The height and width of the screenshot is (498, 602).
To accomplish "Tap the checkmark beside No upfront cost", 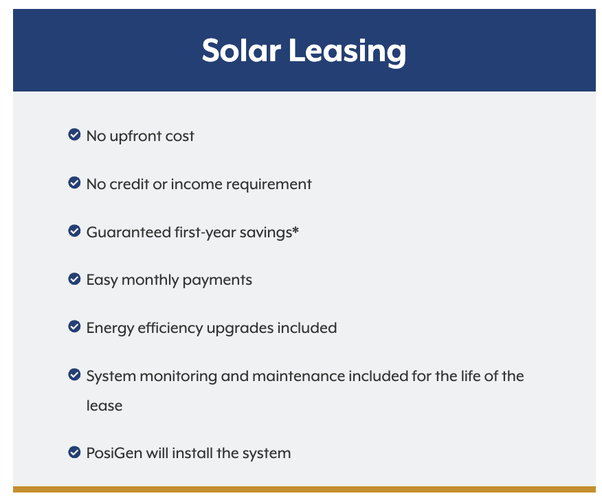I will tap(74, 135).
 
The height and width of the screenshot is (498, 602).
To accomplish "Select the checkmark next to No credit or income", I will tap(74, 183).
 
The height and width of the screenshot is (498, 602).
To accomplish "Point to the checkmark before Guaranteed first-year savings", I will tap(74, 231).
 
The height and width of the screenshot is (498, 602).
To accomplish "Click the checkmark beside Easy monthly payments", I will tap(74, 279).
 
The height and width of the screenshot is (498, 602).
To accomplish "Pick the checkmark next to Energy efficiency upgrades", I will tap(74, 327).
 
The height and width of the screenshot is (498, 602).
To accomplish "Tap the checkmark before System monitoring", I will tap(74, 375).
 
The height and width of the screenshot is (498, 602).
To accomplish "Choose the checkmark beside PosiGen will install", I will tap(74, 452).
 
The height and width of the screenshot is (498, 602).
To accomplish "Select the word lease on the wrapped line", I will tap(104, 406).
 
